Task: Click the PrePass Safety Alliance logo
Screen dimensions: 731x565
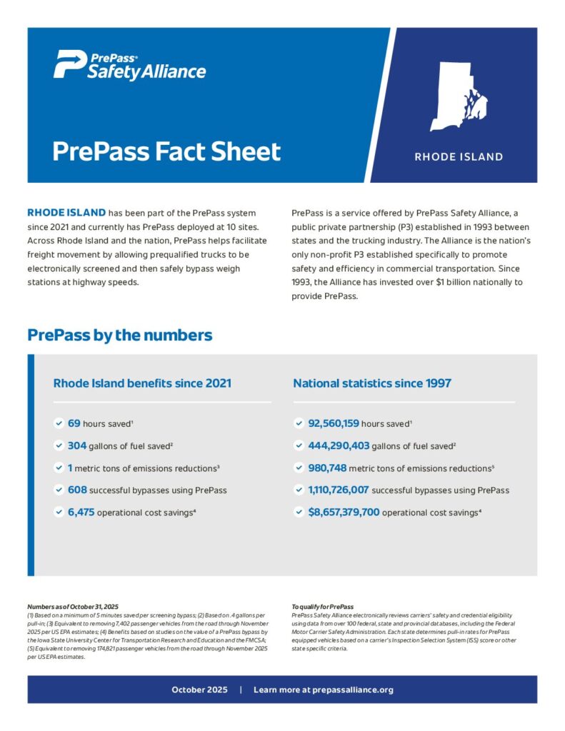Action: click(129, 65)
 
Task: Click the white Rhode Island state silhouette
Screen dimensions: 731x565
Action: click(457, 96)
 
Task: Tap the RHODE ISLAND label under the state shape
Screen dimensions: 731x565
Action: click(459, 157)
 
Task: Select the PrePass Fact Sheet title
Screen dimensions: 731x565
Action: click(166, 152)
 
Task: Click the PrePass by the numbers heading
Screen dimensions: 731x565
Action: click(119, 335)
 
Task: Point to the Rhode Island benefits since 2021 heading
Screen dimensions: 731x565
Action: click(142, 383)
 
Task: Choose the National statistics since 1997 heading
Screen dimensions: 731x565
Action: click(371, 383)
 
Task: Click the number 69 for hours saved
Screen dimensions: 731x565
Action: click(74, 423)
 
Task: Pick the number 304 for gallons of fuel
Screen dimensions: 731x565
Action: click(77, 445)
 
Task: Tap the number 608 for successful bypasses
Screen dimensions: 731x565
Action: click(77, 490)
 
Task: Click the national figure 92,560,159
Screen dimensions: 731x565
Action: click(333, 423)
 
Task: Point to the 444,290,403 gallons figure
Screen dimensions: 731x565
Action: click(339, 445)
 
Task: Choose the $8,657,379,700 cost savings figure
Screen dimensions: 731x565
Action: click(344, 512)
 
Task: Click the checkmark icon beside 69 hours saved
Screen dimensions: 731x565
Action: click(59, 423)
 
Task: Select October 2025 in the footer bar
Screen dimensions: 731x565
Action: click(199, 690)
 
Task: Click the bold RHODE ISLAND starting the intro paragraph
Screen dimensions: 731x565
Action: click(66, 213)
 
